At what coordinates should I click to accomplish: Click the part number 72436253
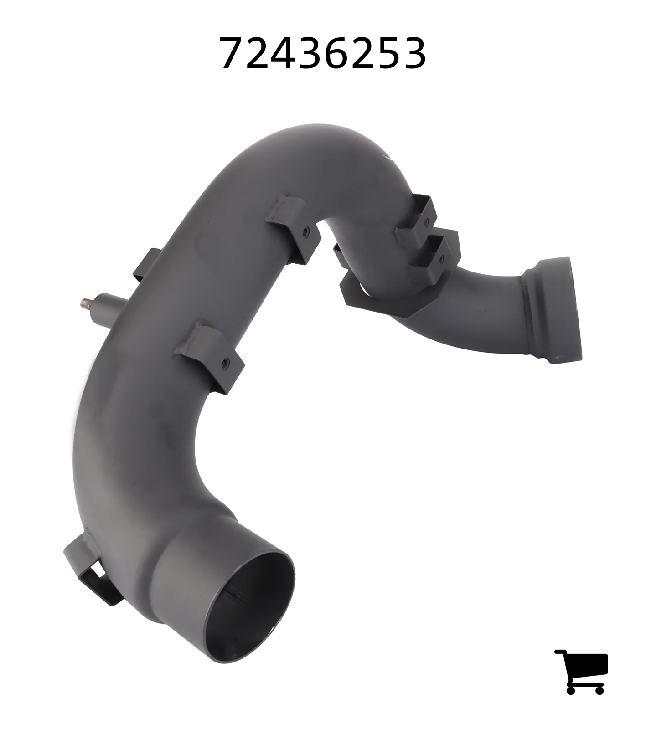pyautogui.click(x=323, y=53)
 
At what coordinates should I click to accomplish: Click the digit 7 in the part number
pyautogui.click(x=233, y=54)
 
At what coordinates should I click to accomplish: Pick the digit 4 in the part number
pyautogui.click(x=284, y=54)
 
